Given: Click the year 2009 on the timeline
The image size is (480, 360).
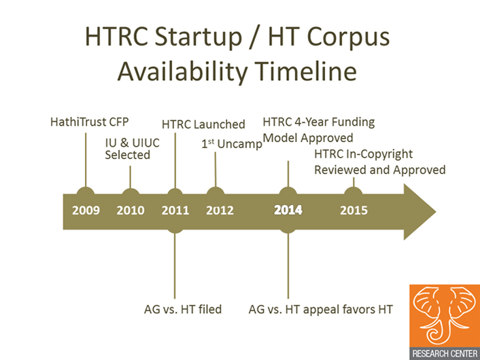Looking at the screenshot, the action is [86, 211].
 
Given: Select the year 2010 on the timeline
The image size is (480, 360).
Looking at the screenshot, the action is [131, 211].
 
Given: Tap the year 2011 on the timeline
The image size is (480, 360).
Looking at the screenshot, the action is [175, 211].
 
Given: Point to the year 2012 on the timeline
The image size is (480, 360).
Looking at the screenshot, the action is [220, 211].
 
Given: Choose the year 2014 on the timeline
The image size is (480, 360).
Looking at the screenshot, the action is [288, 211].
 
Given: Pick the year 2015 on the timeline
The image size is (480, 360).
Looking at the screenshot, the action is [354, 211].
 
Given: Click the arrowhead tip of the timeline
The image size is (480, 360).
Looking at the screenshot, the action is [436, 211].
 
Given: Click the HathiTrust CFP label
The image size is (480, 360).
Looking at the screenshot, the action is [89, 122].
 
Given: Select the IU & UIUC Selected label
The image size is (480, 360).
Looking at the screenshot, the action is [133, 149].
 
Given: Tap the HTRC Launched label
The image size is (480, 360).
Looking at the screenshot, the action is [203, 124].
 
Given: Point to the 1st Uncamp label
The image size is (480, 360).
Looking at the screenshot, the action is [232, 144].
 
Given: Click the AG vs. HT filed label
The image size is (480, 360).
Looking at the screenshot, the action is [183, 309].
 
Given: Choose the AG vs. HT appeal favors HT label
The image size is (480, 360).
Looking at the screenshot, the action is [320, 309].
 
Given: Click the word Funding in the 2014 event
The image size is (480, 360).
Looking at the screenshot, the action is [353, 122].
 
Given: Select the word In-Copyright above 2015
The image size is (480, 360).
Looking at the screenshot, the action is [379, 154].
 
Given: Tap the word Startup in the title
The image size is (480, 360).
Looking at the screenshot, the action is [198, 37].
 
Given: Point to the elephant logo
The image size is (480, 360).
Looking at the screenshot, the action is [445, 316].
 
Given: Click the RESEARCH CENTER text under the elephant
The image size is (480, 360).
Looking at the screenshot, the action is [445, 354].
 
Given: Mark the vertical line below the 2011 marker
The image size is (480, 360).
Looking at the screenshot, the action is [175, 266].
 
